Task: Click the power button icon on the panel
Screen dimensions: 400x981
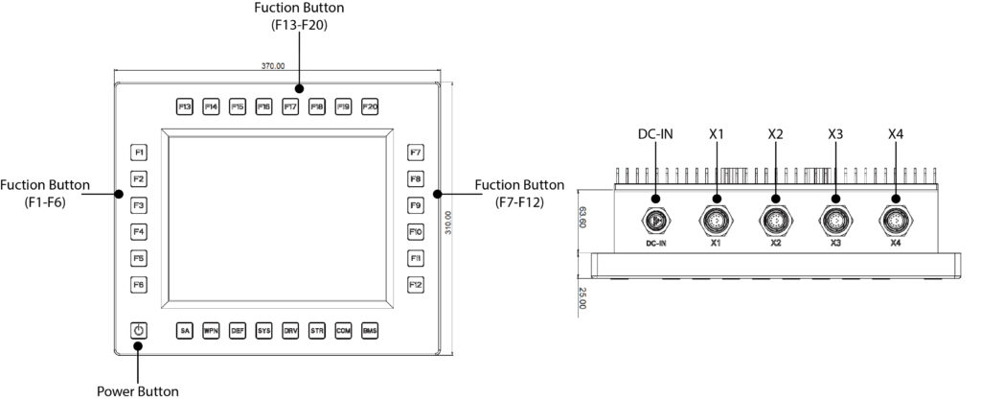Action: (139, 331)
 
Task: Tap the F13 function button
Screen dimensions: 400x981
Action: (185, 106)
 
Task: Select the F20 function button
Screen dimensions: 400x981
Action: (371, 106)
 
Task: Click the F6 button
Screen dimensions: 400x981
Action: (139, 285)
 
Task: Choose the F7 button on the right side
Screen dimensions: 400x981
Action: (416, 153)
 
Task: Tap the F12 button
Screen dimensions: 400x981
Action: (416, 285)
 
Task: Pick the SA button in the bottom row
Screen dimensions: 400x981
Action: (186, 331)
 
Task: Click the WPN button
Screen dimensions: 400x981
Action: (212, 331)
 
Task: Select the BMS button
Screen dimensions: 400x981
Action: (371, 331)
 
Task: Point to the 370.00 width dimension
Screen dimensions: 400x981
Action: (273, 66)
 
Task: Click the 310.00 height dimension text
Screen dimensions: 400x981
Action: (461, 223)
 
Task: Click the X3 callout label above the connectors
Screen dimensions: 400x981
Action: (835, 134)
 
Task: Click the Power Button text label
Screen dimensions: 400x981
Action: (138, 390)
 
